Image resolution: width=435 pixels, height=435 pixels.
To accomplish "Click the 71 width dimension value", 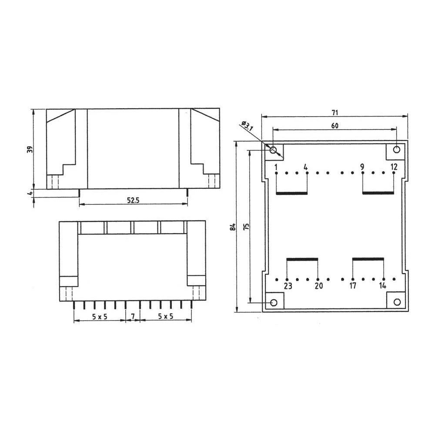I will (335, 113).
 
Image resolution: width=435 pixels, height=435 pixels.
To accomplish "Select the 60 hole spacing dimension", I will (335, 126).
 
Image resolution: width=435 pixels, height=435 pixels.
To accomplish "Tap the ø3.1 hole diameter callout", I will (247, 126).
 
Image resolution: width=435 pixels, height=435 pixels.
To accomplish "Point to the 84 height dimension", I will (233, 227).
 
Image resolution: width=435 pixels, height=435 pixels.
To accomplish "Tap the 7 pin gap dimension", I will (132, 316).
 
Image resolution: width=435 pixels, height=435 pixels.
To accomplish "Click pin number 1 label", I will (276, 167).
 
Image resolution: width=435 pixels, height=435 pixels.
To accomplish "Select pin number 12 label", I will (394, 167).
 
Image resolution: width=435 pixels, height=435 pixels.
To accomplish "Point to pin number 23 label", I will (288, 286).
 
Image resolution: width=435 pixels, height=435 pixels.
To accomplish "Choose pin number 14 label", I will (382, 286).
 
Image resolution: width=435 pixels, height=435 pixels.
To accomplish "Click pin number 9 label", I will (362, 167).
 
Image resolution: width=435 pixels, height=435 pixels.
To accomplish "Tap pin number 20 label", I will (318, 286).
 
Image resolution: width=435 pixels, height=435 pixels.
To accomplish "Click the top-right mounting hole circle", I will (396, 150).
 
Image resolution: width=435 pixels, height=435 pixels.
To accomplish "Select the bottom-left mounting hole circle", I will (274, 302).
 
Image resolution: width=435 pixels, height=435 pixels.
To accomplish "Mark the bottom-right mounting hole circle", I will (396, 302).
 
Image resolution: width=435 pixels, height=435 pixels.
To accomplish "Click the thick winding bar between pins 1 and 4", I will (292, 193).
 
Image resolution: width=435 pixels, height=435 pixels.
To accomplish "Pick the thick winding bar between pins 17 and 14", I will (368, 259).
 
